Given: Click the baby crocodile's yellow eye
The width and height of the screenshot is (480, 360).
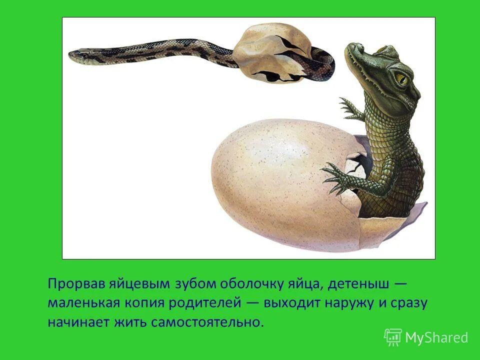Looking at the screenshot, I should click(x=400, y=78).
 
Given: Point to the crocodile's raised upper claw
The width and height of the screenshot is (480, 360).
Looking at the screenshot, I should click(x=349, y=109).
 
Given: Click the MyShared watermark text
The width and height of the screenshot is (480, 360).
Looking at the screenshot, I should click(x=436, y=338).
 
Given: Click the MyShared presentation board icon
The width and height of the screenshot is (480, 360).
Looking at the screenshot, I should click(x=393, y=337).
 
